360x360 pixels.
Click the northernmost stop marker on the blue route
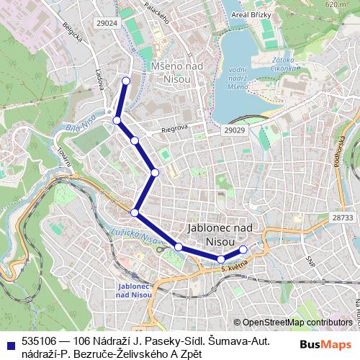click(126, 81)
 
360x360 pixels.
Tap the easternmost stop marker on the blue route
click(243, 249)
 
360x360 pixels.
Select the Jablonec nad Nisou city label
click(220, 234)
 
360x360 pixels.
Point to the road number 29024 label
click(106, 23)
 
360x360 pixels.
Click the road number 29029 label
click(234, 130)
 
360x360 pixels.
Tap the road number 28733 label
click(342, 217)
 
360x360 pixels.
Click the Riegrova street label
click(174, 128)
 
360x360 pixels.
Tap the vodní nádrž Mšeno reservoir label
click(237, 78)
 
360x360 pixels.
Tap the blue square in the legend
click(10, 343)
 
